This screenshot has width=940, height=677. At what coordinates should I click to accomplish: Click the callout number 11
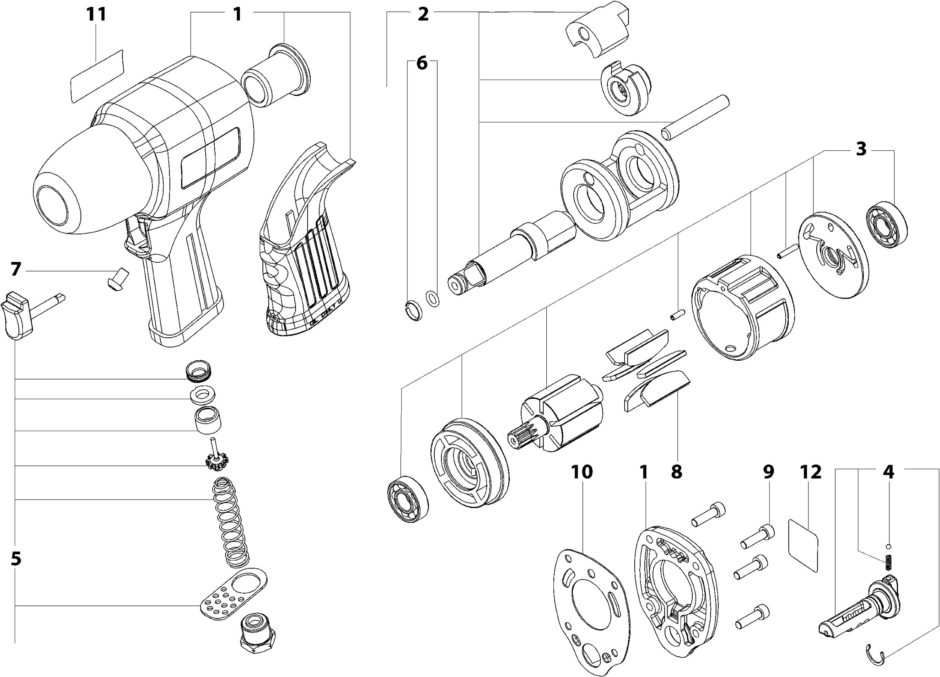point(96,15)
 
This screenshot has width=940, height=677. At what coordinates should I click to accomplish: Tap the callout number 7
point(16,269)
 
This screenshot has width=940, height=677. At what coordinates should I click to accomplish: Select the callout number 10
point(582,472)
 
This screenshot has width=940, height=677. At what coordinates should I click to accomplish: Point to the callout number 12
point(810,472)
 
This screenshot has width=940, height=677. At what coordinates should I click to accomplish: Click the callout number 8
point(676,472)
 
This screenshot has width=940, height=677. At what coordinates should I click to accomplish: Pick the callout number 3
point(861,149)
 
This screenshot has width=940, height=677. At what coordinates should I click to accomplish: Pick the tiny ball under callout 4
point(888,546)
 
